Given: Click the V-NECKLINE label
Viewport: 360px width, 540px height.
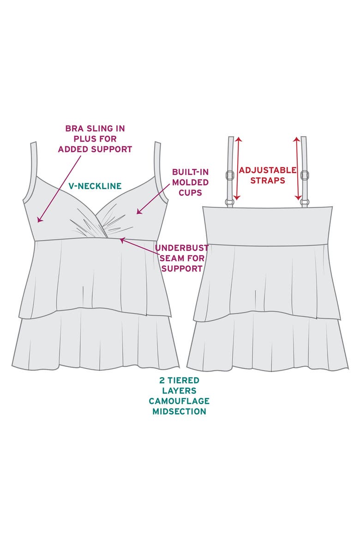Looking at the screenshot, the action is tap(95, 186).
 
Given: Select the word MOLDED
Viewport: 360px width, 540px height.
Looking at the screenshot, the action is tap(190, 182).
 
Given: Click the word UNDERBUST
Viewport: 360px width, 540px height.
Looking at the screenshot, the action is tap(181, 247).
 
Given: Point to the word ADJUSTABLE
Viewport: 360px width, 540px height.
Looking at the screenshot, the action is tap(268, 170).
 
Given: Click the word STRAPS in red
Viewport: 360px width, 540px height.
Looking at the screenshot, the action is tap(268, 180).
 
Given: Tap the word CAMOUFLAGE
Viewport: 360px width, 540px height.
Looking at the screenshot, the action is tap(179, 401).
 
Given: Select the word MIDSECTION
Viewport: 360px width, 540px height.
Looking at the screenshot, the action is tap(179, 411).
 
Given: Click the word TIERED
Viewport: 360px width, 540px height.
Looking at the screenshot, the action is tap(184, 380).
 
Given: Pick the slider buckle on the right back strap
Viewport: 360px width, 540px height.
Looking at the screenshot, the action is tap(304, 175).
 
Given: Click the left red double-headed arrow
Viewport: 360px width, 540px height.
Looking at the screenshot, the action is tap(238, 169).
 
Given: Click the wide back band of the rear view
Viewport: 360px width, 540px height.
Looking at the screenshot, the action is tap(267, 226).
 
